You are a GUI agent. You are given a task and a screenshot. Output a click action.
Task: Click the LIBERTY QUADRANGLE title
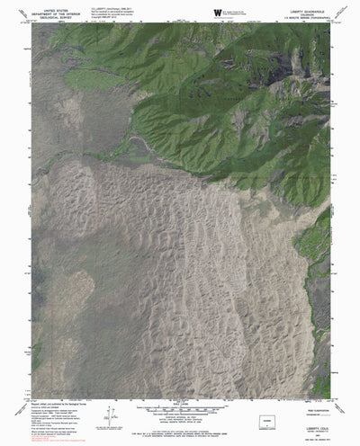click(x=305, y=4)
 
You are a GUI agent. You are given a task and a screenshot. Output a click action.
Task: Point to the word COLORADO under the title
click(x=306, y=9)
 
